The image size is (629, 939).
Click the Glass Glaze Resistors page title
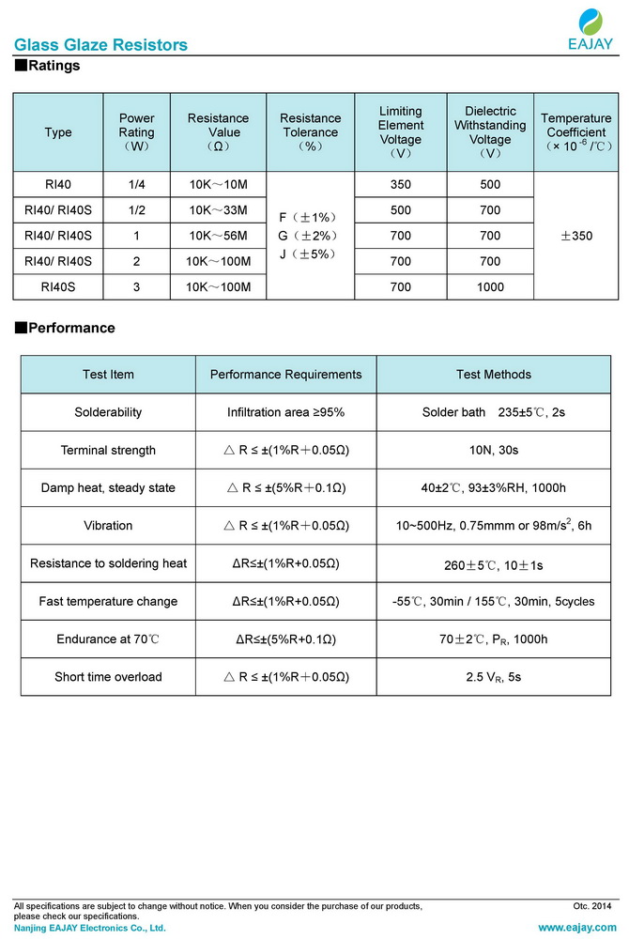click(100, 45)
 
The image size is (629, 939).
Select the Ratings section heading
click(48, 66)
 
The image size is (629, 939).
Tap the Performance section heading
click(65, 328)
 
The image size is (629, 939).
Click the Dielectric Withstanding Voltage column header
click(490, 132)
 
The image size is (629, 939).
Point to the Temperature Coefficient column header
click(575, 132)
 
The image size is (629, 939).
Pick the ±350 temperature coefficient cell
click(575, 236)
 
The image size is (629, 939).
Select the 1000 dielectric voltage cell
click(490, 286)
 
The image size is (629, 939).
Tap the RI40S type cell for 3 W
click(58, 286)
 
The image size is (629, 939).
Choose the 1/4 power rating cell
click(137, 185)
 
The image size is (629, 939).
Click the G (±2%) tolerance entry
click(310, 236)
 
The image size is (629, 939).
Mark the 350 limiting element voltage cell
click(401, 185)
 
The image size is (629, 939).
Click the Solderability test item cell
click(108, 412)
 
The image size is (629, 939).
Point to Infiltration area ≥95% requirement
click(285, 412)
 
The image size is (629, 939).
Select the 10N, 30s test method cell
click(494, 450)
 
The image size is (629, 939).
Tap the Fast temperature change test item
click(108, 601)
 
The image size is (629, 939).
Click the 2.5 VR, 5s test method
click(494, 677)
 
